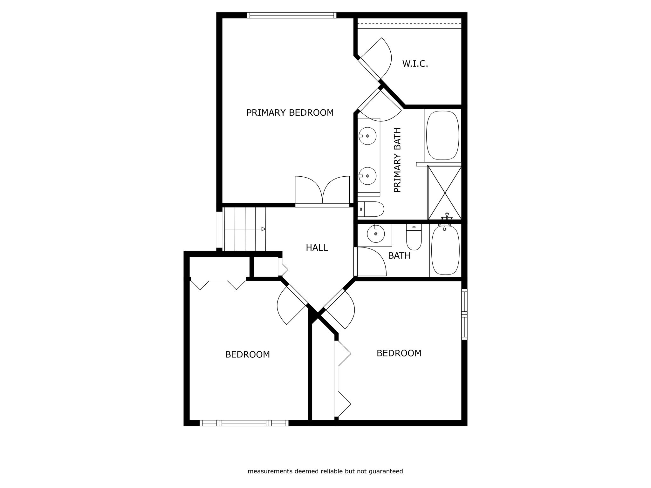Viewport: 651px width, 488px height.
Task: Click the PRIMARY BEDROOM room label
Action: (x=290, y=113)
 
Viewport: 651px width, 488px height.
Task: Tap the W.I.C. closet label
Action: (x=415, y=64)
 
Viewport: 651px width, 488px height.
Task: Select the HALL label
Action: (x=317, y=248)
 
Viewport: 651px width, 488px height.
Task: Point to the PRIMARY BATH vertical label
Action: (x=397, y=160)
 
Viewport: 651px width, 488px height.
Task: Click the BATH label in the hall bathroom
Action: (x=399, y=256)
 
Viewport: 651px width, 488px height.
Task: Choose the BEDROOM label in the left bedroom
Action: (x=247, y=355)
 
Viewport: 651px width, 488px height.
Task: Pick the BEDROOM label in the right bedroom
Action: (x=399, y=353)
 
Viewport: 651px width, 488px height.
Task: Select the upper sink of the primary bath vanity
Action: (x=367, y=136)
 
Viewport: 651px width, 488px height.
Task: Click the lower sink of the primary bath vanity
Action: (x=367, y=176)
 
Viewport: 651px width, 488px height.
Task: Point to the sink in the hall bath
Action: (x=376, y=234)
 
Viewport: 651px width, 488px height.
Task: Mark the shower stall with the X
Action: (x=444, y=193)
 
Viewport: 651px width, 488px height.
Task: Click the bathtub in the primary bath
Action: (x=442, y=135)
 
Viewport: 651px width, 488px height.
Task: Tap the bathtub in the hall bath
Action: (x=445, y=250)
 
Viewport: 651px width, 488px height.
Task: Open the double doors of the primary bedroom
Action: (x=322, y=191)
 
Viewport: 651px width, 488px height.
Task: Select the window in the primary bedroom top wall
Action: (x=292, y=15)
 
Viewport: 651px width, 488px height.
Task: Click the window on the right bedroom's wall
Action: (x=464, y=314)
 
